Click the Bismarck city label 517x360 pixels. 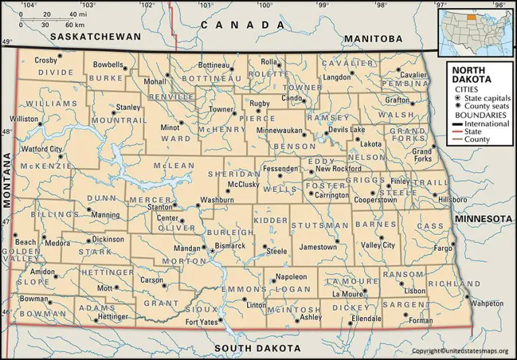[230, 246]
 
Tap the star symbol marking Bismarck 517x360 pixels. [212, 252]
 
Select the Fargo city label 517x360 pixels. [443, 248]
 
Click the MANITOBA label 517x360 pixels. [373, 39]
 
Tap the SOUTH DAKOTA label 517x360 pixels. [258, 348]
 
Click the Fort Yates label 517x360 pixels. [201, 322]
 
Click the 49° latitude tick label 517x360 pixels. [6, 43]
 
